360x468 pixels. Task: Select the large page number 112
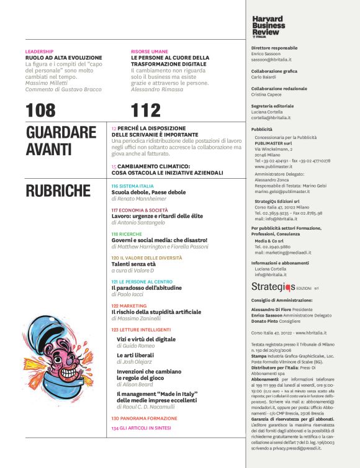146,110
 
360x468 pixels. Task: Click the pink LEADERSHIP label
39,51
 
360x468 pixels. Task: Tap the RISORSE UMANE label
149,51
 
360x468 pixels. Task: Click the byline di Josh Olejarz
135,362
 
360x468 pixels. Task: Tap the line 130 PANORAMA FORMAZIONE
144,418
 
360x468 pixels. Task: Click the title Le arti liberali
135,355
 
